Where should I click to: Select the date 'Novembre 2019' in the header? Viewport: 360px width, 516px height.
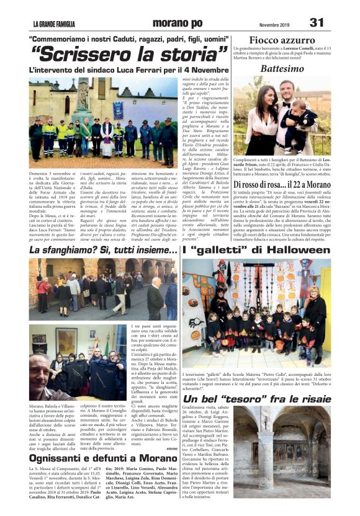pyautogui.click(x=269, y=24)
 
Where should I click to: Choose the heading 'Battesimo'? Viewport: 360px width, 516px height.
pyautogui.click(x=282, y=68)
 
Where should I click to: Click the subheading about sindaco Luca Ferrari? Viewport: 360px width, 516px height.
pyautogui.click(x=129, y=70)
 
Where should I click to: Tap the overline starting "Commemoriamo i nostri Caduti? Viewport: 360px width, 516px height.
pyautogui.click(x=129, y=38)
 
